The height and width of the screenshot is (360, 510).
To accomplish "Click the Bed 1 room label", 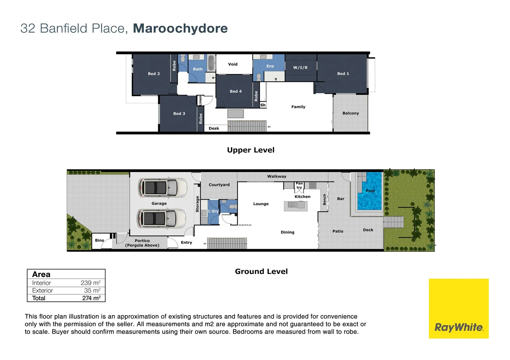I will [343, 74].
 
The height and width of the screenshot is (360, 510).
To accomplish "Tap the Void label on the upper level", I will [233, 64].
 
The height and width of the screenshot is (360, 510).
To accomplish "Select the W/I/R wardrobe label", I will [300, 68].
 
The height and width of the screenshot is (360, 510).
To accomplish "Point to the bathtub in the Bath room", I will [211, 63].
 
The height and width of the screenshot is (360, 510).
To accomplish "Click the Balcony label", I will [351, 113].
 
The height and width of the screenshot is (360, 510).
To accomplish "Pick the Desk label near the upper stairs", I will [214, 128].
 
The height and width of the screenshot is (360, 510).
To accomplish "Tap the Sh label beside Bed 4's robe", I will [263, 105].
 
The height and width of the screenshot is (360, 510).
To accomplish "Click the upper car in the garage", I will [162, 188].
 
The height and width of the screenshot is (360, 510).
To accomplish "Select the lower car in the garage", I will [162, 219].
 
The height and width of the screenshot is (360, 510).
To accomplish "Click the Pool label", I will [370, 191].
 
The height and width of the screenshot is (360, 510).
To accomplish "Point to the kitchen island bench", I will [296, 206].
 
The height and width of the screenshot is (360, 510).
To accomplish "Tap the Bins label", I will [100, 240].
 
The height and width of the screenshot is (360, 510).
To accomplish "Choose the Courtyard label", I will [219, 185].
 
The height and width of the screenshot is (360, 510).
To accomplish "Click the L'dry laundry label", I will [213, 211].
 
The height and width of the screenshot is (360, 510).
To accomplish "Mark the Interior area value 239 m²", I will [91, 283].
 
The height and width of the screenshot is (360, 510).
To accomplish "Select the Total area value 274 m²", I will [91, 298].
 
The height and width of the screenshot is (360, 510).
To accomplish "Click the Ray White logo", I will [459, 309].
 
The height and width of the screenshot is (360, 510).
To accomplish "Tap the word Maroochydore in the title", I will [180, 28].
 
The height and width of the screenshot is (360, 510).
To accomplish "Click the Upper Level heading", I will [250, 150].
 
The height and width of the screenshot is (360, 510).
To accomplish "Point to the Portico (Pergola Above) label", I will [142, 243].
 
